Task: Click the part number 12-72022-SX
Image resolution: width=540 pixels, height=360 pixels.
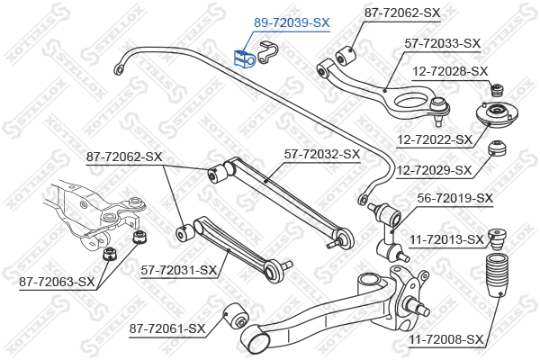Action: point(434,139)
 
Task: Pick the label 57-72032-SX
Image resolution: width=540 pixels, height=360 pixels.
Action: point(322,154)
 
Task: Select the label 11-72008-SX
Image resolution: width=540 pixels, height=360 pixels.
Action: point(445,339)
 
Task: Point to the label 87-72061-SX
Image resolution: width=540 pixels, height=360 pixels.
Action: point(167,328)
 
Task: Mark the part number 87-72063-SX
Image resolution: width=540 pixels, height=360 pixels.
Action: point(57,282)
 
